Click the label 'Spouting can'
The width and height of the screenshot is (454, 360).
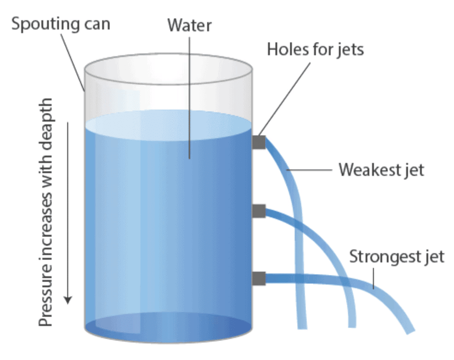(x=61, y=23)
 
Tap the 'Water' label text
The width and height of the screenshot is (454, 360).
(x=189, y=25)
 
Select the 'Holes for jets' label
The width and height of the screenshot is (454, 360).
(x=315, y=49)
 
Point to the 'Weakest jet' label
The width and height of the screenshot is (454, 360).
(x=381, y=169)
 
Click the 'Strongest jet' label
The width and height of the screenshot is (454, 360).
(x=397, y=256)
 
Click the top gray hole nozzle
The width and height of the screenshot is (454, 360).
(x=259, y=142)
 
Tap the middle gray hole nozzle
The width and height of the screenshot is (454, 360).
(x=259, y=211)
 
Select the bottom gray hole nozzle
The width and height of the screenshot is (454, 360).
(x=259, y=278)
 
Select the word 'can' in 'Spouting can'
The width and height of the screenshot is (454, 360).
(x=95, y=23)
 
